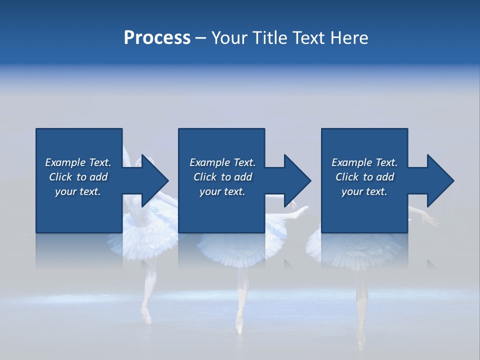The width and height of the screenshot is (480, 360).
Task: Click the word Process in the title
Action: point(157,38)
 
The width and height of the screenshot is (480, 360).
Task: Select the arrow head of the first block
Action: point(155,180)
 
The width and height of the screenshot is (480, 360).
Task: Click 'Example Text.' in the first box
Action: point(78,162)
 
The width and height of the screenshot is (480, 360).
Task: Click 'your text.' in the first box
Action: point(78,191)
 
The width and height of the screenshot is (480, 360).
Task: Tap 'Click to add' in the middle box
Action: point(222,177)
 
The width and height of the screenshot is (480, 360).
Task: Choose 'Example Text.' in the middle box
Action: point(222,162)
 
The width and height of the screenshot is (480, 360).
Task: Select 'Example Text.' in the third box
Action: point(364,162)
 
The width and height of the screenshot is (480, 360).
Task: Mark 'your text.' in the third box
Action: point(364,191)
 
